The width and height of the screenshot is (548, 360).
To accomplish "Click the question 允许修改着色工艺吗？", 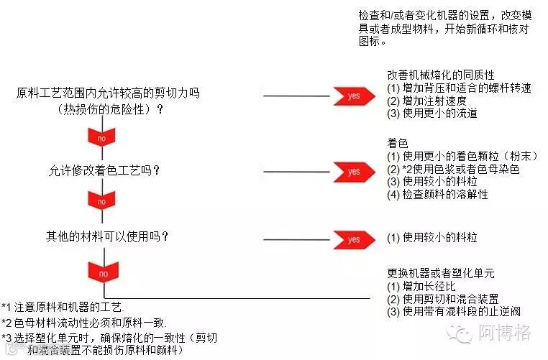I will click(x=104, y=171).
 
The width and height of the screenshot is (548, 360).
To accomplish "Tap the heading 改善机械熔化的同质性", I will click(x=441, y=75).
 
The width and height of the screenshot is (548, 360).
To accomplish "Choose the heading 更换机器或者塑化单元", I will click(x=441, y=273).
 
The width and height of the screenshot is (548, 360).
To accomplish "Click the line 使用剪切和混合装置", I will click(x=437, y=299).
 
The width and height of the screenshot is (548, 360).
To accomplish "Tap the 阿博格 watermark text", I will click(x=504, y=333).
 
